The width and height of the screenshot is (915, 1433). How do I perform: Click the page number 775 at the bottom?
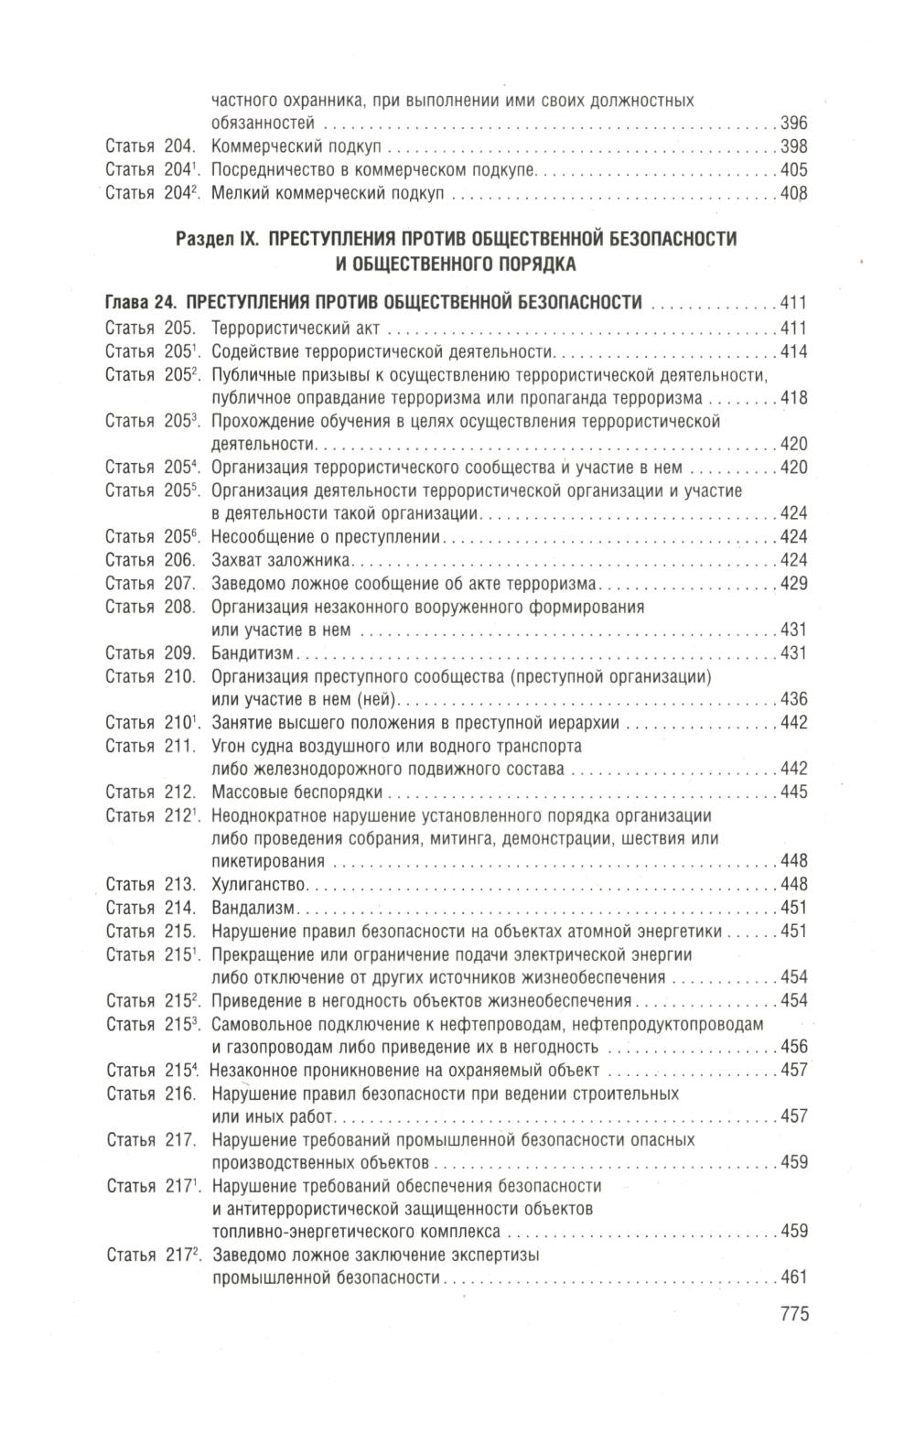[793, 1315]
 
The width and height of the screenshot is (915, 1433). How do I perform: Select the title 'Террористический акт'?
[287, 329]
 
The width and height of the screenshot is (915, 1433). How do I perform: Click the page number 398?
[793, 147]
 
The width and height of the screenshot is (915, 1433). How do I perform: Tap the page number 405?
[793, 170]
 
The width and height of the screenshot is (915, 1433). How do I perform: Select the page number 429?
[793, 583]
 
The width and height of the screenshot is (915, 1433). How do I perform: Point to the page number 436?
[793, 699]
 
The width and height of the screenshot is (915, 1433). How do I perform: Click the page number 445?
[793, 792]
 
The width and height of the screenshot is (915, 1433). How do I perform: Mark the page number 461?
[793, 1278]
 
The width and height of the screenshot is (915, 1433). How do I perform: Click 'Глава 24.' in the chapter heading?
[142, 303]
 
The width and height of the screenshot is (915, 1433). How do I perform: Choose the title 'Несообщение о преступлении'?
[327, 537]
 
